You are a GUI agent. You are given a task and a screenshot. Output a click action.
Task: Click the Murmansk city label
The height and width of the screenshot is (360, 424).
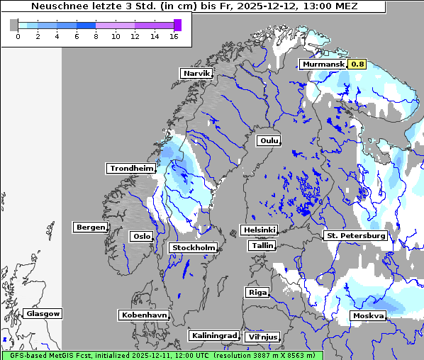point(323,64)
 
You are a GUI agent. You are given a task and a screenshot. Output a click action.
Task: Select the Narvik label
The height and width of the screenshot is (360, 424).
point(196,73)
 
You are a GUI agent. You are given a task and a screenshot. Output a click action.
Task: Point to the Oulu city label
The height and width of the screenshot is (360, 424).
point(269,140)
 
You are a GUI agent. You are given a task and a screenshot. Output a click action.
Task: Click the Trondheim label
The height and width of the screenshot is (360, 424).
point(131,168)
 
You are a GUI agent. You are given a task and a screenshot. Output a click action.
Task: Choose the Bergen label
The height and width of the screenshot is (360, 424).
point(89,227)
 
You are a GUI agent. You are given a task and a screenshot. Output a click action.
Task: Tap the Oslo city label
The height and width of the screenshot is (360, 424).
point(141,236)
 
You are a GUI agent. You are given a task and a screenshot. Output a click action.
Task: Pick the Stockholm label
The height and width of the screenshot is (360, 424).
point(194,247)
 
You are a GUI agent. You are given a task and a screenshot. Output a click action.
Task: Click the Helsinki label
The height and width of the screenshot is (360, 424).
point(259,230)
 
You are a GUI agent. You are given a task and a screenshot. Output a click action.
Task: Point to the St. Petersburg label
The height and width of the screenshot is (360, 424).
point(355,235)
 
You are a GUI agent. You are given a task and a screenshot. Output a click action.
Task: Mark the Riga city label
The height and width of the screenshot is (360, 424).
point(256,292)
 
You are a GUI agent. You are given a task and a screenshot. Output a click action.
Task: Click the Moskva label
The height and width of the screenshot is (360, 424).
point(368,315)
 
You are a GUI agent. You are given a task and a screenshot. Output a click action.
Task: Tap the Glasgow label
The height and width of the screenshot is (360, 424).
point(43,313)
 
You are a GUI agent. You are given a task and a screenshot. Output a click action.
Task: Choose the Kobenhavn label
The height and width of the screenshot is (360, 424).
point(144,314)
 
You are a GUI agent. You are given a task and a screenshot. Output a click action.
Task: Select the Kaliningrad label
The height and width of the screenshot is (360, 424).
point(213,335)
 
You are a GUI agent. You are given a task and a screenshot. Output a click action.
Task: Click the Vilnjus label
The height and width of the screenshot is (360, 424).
point(262,337)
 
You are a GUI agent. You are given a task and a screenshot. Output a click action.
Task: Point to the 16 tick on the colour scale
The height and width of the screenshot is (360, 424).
point(174,36)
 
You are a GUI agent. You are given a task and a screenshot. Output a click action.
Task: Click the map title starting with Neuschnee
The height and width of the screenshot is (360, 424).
point(194,6)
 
